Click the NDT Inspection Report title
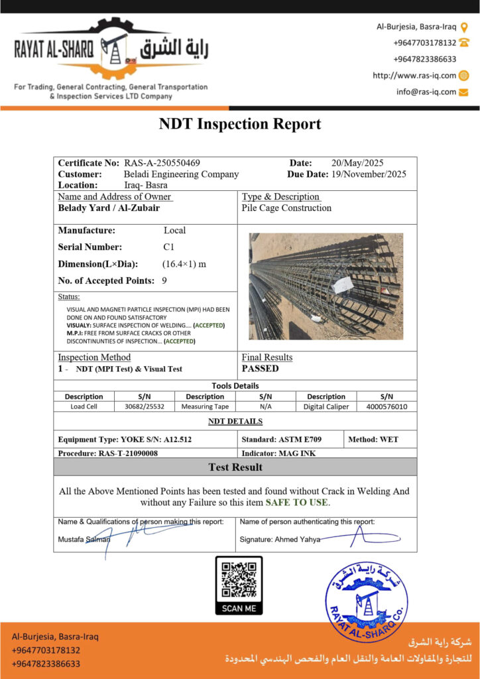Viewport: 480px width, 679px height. [x=239, y=124]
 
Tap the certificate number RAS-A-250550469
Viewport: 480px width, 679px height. [x=162, y=163]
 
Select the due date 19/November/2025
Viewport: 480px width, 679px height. [x=369, y=174]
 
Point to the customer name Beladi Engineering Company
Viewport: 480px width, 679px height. [x=181, y=174]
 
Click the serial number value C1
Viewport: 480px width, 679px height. [x=169, y=247]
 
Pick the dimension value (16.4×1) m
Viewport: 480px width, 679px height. [x=184, y=264]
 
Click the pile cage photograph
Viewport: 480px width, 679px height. [x=326, y=286]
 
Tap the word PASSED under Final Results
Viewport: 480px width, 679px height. [x=260, y=369]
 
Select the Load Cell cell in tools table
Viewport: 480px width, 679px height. [x=84, y=406]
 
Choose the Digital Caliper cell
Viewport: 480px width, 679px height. [x=326, y=406]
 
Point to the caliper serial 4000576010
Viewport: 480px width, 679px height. [x=387, y=406]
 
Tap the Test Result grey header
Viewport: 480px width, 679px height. [x=235, y=467]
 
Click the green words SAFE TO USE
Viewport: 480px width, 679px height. [x=297, y=503]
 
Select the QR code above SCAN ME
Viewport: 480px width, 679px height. [x=239, y=579]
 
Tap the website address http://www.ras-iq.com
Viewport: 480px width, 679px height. [x=414, y=76]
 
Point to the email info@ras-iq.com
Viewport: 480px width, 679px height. [x=426, y=92]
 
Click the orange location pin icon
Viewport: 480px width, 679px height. [x=464, y=27]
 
